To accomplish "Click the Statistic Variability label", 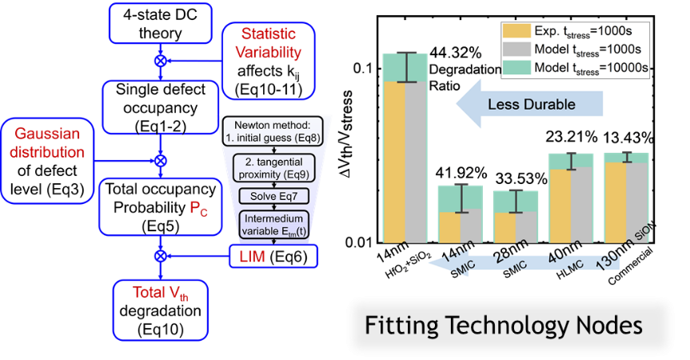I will (269, 45).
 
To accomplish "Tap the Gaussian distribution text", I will (46, 142).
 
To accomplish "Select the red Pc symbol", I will (197, 209).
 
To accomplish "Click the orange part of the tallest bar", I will (395, 160).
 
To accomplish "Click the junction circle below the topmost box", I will (161, 61).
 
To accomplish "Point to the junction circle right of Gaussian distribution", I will (161, 160).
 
